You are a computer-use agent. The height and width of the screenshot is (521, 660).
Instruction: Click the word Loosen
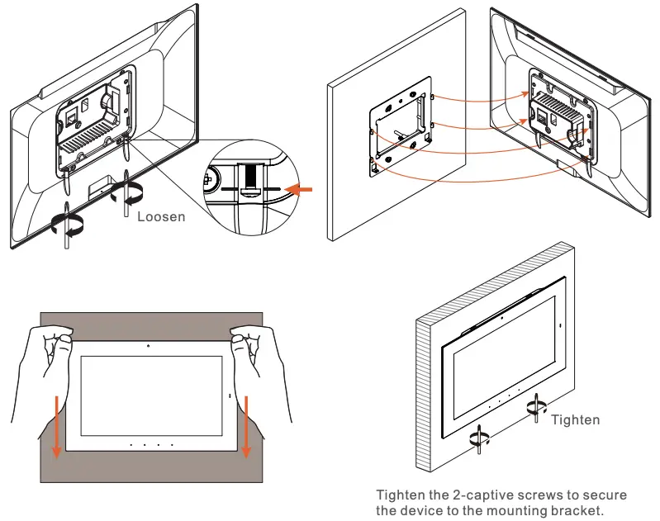[x=161, y=217]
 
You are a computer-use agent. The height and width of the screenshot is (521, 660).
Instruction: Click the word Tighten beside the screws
[x=575, y=420]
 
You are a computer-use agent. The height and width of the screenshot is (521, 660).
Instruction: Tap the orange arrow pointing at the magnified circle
[x=300, y=190]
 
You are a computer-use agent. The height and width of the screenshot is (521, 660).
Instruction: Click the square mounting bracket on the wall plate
[x=401, y=130]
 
